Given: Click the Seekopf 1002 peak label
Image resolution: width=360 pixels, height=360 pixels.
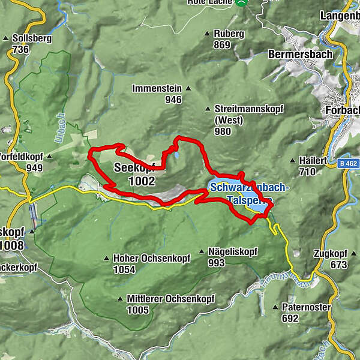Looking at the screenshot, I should pyautogui.click(x=135, y=175).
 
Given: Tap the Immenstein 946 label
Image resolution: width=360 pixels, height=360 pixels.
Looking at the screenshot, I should pyautogui.click(x=157, y=94).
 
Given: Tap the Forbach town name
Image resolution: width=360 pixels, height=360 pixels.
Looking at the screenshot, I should pyautogui.click(x=341, y=110).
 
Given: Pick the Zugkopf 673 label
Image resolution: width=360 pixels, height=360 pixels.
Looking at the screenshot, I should pyautogui.click(x=330, y=259).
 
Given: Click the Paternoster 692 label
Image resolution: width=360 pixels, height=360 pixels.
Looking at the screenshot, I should pyautogui.click(x=306, y=313).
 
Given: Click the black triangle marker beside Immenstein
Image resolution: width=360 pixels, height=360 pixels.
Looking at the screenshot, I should pyautogui.click(x=188, y=89).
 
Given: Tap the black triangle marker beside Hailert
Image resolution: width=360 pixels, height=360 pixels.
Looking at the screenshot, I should pyautogui.click(x=292, y=161).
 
